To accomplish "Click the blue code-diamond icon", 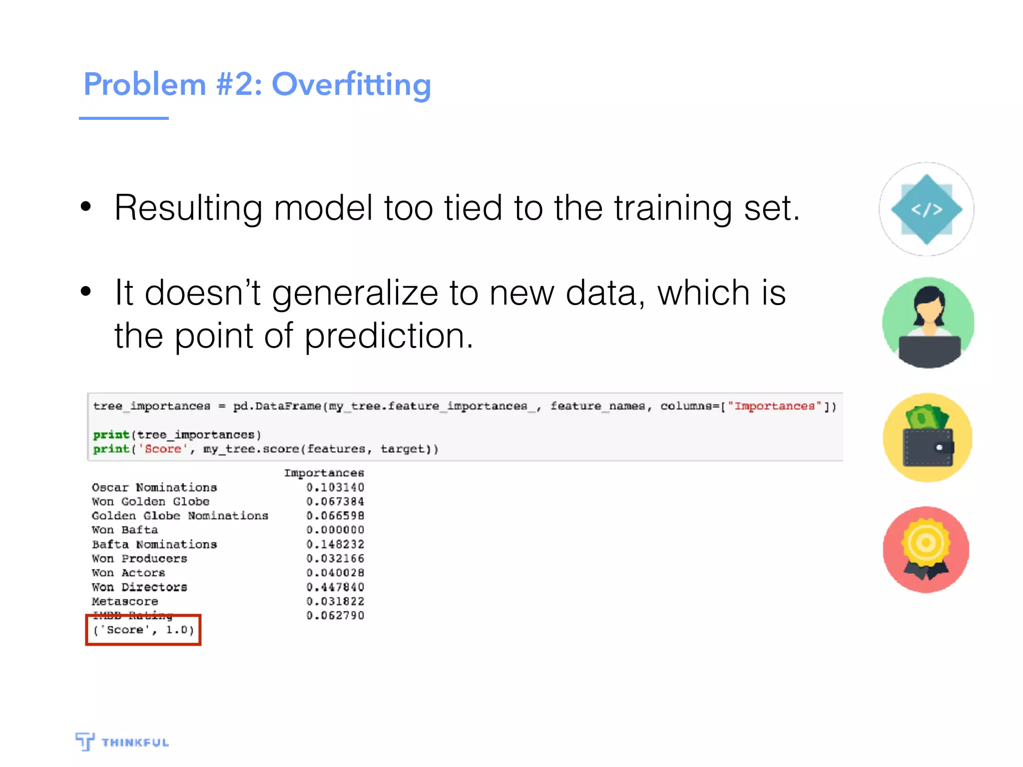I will (x=927, y=210).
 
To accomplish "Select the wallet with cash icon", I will (x=927, y=438).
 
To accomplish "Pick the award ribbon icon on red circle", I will (x=926, y=550).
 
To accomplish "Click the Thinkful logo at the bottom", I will (x=122, y=742).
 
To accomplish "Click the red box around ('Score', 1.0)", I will (x=143, y=630).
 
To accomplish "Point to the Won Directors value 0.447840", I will (x=335, y=587).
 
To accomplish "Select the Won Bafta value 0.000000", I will (x=335, y=530).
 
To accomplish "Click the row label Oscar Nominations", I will (x=154, y=487).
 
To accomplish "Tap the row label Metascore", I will (x=125, y=601).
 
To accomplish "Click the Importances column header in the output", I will (x=324, y=473).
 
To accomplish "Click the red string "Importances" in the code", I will (x=774, y=406).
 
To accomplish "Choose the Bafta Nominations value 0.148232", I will (x=335, y=544).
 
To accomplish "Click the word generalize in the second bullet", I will (x=355, y=293).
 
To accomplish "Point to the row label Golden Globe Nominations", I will (x=180, y=516).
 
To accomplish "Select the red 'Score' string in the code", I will (x=163, y=449).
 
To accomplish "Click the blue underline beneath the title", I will (x=124, y=118).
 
